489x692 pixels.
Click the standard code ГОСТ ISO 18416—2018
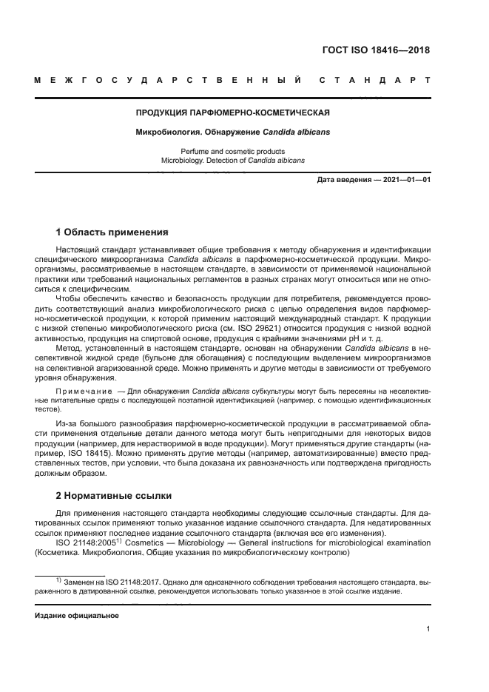tap(376, 51)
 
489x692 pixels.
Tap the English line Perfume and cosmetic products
tap(232, 151)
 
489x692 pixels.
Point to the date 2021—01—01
tap(405, 180)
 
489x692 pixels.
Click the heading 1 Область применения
tap(112, 232)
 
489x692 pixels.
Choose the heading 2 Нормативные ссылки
tap(116, 495)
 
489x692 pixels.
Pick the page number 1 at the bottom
tap(428, 629)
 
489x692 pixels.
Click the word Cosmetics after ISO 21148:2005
tap(149, 542)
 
